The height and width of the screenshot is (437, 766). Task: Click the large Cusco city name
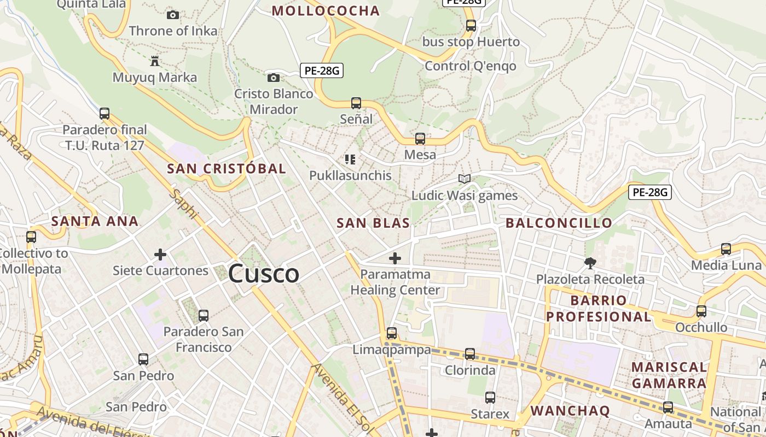[x=264, y=273]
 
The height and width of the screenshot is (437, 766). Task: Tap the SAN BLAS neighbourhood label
[x=373, y=223]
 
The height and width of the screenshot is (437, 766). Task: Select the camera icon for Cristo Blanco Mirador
[x=274, y=78]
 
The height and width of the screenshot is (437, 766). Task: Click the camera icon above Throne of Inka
[x=173, y=15]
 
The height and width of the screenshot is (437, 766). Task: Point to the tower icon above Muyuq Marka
[x=155, y=61]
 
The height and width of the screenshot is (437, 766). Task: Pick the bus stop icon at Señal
[x=356, y=103]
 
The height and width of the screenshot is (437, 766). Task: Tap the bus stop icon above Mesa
[x=420, y=139]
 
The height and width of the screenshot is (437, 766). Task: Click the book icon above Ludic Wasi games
[x=465, y=179]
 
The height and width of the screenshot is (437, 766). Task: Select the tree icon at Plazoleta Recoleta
[x=590, y=263]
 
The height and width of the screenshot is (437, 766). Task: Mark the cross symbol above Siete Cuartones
[x=160, y=255]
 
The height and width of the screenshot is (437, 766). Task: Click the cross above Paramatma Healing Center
[x=395, y=258]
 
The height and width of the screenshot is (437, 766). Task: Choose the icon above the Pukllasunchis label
[x=350, y=160]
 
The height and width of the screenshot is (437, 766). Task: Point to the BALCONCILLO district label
[x=559, y=223]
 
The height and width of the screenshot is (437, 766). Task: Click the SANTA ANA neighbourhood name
[x=95, y=221]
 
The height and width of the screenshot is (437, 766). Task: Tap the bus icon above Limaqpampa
[x=392, y=333]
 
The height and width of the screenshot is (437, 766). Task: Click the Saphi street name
[x=183, y=203]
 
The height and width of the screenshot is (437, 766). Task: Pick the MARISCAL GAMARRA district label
[x=669, y=375]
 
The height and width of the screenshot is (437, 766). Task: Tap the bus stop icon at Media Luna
[x=726, y=249]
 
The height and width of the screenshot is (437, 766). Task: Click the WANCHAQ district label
[x=570, y=411]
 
